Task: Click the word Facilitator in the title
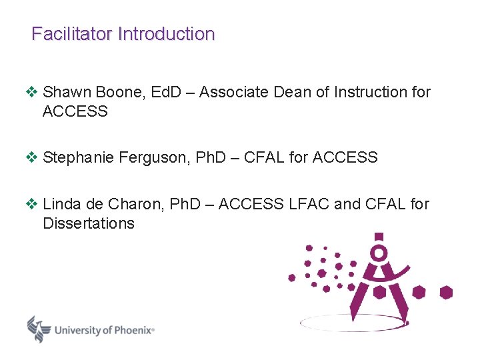(72, 34)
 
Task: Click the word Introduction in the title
(166, 34)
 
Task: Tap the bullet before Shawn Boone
(32, 92)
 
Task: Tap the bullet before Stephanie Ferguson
(32, 157)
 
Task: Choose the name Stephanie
(78, 157)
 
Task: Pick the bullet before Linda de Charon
(32, 204)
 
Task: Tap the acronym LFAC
(309, 204)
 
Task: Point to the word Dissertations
(88, 223)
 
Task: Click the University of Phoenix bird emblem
(39, 328)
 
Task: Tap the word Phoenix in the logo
(133, 329)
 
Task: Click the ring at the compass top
(379, 253)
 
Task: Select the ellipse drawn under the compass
(353, 323)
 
